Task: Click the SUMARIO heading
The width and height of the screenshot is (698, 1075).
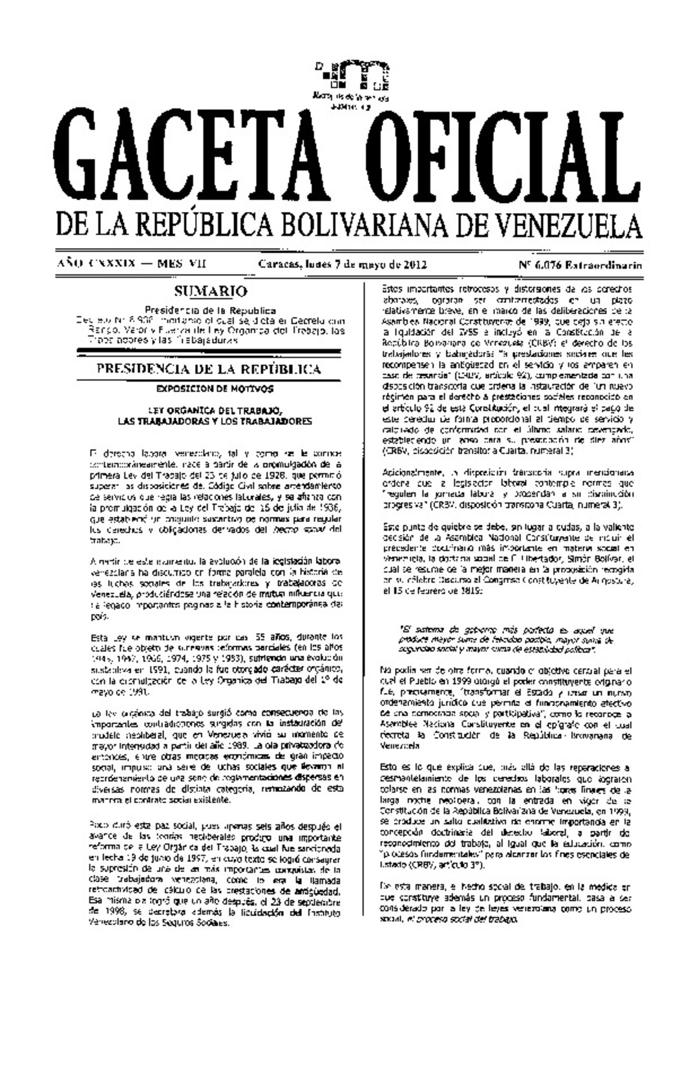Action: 211,291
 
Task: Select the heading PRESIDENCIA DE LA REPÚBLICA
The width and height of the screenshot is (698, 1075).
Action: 209,370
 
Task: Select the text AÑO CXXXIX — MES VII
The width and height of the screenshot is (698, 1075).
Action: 126,265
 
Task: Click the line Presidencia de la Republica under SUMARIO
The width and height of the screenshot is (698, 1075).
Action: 210,310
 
